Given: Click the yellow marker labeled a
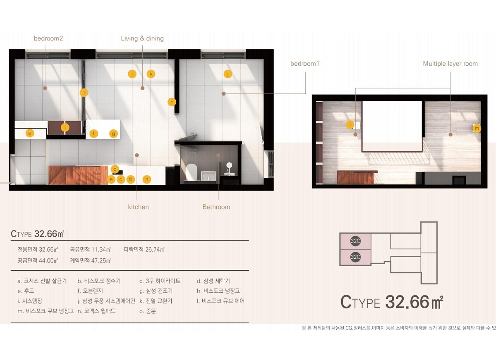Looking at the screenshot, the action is pos(30,133).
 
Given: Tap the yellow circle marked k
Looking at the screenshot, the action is pos(151,74).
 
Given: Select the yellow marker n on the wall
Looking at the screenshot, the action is pos(172,102).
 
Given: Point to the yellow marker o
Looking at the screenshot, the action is pos(84,93).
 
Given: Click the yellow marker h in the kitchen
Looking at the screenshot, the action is pos(146,179).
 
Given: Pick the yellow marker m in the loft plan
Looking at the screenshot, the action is pos(477,128).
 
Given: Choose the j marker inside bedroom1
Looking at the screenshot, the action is pos(228,74).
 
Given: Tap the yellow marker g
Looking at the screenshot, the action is pos(114,134).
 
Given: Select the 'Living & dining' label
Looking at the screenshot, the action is pos(142,38).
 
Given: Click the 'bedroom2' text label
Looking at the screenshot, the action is pos(48,38).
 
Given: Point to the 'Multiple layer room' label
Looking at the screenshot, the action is pos(450,64).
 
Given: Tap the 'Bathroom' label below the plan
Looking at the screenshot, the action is pos(216,207).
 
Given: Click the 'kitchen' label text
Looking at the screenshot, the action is pos(138,207).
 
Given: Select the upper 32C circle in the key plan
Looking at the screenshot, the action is pos(355,241).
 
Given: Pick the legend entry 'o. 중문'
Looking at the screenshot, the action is pos(148,311).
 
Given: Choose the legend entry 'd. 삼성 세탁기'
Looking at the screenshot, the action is pos(213,281).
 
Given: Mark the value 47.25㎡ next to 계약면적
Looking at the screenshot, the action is pos(100,261).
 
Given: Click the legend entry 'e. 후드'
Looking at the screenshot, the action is pos(26,291).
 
